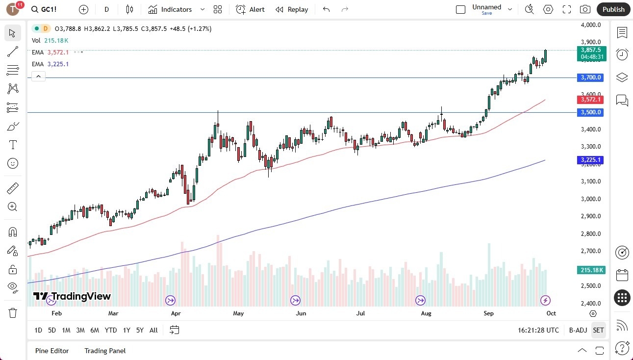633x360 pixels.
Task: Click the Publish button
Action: (613, 9)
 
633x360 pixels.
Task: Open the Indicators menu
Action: (170, 9)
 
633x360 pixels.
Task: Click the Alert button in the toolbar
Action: (250, 9)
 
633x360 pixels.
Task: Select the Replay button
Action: (292, 9)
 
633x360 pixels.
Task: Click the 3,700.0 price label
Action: (591, 77)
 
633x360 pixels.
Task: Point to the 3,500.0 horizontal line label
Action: (591, 112)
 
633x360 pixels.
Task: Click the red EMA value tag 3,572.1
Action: (591, 100)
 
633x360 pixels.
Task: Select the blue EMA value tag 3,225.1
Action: (591, 160)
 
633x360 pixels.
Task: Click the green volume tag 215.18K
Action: (591, 270)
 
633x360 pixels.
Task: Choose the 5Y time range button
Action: (140, 330)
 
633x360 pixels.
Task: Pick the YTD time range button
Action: (111, 330)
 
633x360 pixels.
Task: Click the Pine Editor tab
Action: (52, 351)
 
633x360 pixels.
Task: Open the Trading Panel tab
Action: (105, 351)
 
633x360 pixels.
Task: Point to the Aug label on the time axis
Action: (426, 313)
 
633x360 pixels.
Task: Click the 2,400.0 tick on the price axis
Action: (590, 303)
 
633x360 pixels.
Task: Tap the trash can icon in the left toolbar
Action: (13, 313)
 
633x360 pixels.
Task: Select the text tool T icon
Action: (13, 145)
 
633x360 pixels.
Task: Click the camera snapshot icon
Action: (585, 9)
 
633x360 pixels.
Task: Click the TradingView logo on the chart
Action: (72, 296)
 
